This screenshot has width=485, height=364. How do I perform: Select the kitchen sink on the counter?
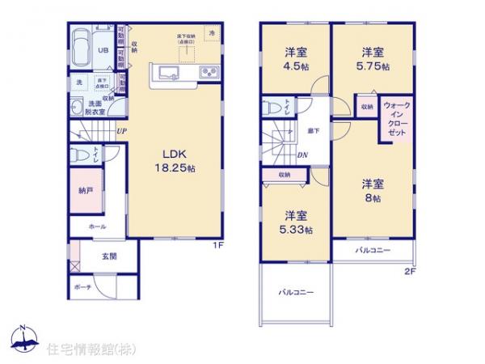click(167, 74)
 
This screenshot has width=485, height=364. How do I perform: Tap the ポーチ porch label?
click(82, 287)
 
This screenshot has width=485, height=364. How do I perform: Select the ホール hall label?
click(87, 227)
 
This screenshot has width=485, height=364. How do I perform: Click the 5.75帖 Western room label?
click(371, 61)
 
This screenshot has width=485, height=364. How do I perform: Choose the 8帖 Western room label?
click(373, 190)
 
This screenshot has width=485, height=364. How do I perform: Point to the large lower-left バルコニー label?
click(297, 291)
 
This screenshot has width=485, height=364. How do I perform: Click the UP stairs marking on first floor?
click(120, 131)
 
